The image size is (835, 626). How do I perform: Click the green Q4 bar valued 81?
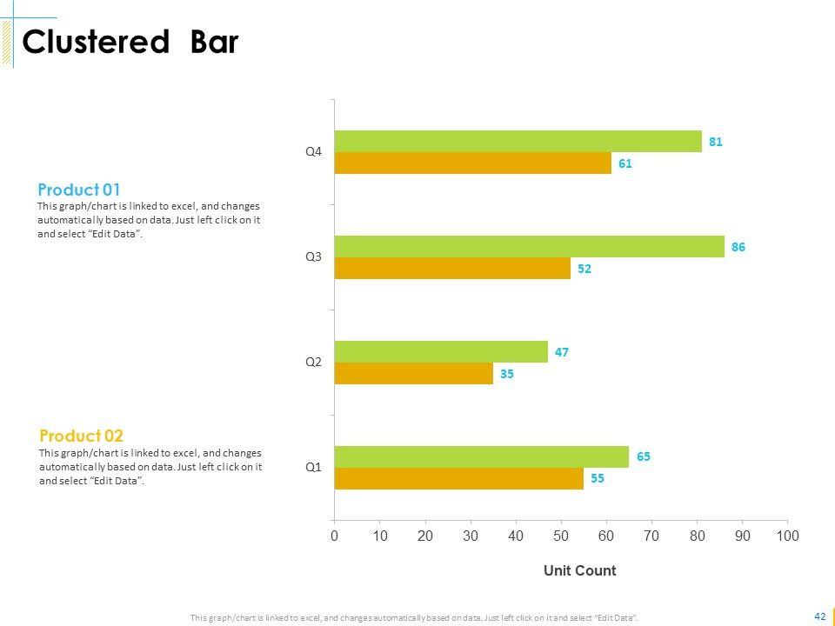(x=518, y=141)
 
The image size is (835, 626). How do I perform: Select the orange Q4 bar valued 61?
(x=472, y=163)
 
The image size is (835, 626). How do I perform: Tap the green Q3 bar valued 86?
(x=529, y=247)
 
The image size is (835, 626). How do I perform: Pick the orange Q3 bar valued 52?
(x=452, y=269)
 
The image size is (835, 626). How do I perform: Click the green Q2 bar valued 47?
(x=441, y=352)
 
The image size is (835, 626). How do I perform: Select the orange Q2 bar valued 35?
(x=413, y=374)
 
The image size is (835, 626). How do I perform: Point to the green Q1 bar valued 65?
(x=481, y=456)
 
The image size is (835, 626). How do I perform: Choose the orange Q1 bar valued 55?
(x=458, y=478)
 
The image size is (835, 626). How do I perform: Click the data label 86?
(x=738, y=247)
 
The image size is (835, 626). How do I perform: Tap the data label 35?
(x=507, y=374)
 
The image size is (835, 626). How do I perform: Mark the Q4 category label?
(x=313, y=151)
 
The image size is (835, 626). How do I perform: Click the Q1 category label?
(x=313, y=467)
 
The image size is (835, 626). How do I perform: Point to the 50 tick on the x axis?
(x=561, y=536)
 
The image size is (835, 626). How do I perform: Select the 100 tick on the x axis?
(x=787, y=536)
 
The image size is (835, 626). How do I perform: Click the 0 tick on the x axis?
(x=335, y=536)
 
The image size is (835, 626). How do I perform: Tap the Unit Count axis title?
(x=579, y=571)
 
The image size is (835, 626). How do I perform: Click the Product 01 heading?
(x=79, y=190)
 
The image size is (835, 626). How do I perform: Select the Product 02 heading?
(x=82, y=436)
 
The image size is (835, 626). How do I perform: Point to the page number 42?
(x=819, y=616)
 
